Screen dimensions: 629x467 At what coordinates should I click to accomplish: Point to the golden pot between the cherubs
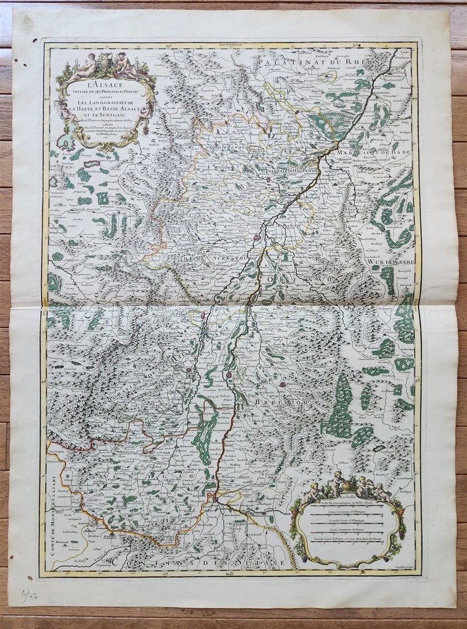[x=347, y=483]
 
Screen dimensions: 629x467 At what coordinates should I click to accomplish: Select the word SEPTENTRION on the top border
[x=231, y=43]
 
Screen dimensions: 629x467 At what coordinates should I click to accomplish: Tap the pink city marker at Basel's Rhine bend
[x=216, y=499]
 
